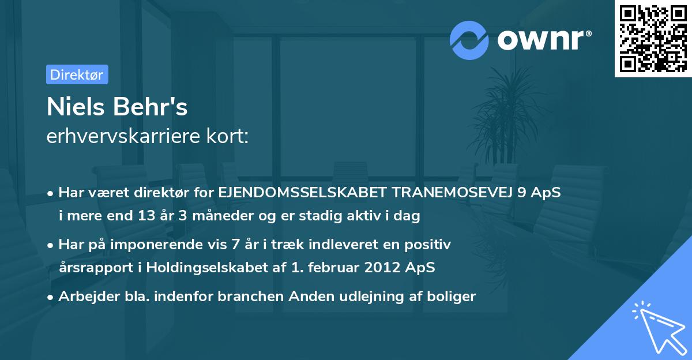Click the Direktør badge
click(x=77, y=74)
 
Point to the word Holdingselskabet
click(x=198, y=268)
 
